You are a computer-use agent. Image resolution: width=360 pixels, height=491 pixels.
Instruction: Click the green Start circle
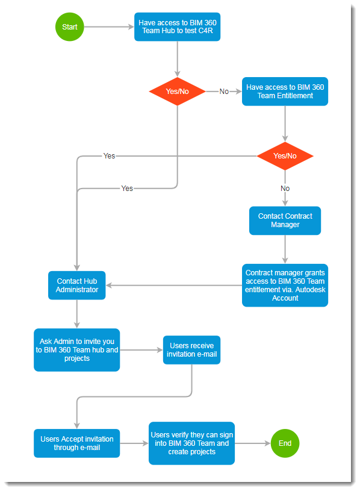70,27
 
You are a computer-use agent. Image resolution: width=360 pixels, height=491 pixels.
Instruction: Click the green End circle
285,443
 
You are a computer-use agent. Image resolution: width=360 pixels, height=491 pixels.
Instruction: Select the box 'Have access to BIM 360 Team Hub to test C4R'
177,27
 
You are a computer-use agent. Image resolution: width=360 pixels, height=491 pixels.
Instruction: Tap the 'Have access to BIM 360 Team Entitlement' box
285,92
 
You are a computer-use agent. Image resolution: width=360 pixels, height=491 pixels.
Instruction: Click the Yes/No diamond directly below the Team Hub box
177,92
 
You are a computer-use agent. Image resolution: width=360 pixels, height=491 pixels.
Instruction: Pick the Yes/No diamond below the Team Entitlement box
285,156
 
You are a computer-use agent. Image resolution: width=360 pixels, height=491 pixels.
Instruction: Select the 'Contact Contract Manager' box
285,220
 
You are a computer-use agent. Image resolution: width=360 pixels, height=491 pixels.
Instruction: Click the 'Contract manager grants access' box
285,285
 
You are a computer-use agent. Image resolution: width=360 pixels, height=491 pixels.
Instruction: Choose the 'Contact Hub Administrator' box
77,285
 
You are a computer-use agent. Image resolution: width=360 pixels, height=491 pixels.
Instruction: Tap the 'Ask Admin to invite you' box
77,349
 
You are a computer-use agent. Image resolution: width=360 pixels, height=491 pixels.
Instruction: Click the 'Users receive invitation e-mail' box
191,349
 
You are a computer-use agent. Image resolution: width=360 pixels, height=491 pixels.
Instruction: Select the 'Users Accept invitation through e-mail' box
77,443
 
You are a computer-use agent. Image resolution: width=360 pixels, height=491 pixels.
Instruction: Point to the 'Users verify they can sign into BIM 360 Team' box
191,443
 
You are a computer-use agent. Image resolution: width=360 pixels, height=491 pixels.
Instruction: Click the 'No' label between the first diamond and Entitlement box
224,92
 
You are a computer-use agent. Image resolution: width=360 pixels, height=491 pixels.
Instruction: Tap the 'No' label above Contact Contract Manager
285,189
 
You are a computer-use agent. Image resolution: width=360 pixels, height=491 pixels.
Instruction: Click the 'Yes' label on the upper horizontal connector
109,156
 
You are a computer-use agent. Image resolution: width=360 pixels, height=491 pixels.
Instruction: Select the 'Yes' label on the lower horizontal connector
127,189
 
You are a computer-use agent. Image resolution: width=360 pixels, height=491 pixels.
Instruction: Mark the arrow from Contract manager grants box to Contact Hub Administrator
175,285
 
